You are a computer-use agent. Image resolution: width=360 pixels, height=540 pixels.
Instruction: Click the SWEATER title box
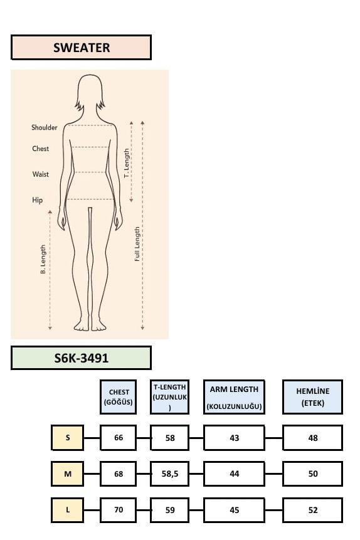[x=82, y=48]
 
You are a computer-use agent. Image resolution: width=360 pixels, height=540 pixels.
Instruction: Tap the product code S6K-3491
[x=82, y=358]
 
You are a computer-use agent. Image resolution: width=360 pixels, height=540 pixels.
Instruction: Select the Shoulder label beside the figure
[x=45, y=127]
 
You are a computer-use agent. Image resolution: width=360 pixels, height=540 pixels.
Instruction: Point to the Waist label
[x=41, y=174]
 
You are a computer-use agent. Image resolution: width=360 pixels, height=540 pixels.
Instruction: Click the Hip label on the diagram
[x=38, y=200]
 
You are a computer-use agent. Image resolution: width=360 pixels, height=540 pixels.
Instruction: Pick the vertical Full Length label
[x=137, y=244]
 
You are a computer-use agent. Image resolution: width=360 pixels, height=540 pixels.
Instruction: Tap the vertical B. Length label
[x=43, y=259]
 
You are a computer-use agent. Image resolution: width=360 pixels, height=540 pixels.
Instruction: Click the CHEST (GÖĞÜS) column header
[x=118, y=397]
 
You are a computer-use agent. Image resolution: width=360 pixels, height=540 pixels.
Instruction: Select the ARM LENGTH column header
[x=235, y=397]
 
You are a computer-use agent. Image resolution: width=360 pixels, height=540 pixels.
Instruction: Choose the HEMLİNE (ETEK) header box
[x=313, y=397]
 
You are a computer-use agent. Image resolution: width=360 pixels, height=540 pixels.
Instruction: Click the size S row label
[x=68, y=438]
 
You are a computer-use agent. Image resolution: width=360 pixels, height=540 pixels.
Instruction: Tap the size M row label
[x=68, y=474]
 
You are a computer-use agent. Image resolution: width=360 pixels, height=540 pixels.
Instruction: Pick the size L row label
[x=68, y=510]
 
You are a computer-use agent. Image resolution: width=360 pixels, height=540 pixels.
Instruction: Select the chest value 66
[x=118, y=438]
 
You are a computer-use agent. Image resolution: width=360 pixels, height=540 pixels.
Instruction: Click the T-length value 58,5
[x=170, y=474]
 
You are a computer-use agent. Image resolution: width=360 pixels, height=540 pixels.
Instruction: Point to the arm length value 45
[x=235, y=510]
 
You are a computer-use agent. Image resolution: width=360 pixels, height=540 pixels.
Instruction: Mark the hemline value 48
[x=313, y=438]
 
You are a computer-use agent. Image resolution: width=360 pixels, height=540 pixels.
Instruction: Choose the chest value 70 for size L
[x=118, y=510]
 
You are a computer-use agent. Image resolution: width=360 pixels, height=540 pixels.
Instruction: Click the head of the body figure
[x=90, y=92]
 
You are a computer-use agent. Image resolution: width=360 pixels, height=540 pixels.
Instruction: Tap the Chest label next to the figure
[x=41, y=149]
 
